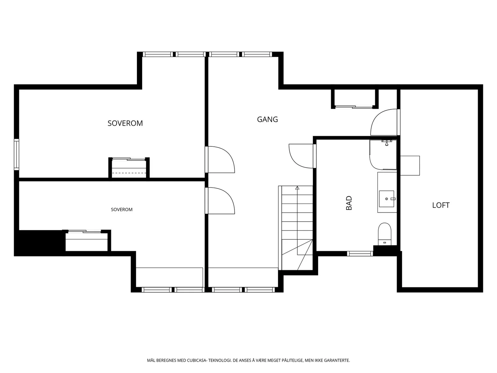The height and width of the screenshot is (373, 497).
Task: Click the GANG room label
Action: pyautogui.click(x=267, y=119)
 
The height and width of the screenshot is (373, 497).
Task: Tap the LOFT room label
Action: pyautogui.click(x=440, y=205)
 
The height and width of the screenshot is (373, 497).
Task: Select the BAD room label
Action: pyautogui.click(x=349, y=203)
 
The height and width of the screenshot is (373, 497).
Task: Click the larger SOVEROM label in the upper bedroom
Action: pyautogui.click(x=125, y=123)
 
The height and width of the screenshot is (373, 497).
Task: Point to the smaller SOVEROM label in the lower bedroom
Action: pyautogui.click(x=121, y=210)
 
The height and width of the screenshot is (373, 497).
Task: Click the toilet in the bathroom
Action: pyautogui.click(x=385, y=234)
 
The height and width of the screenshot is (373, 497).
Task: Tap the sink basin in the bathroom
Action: pyautogui.click(x=386, y=199)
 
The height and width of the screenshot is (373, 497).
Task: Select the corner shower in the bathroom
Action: pyautogui.click(x=383, y=155)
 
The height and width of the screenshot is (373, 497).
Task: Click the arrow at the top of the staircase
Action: pyautogui.click(x=297, y=188)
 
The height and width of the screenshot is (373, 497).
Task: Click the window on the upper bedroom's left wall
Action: pyautogui.click(x=16, y=154)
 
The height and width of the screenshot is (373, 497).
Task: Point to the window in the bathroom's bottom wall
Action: pyautogui.click(x=360, y=254)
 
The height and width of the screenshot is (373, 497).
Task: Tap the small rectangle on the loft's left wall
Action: pyautogui.click(x=410, y=166)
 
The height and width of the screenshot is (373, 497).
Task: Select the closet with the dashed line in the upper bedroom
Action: pyautogui.click(x=129, y=168)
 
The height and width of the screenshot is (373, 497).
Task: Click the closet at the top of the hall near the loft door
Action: pyautogui.click(x=355, y=99)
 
